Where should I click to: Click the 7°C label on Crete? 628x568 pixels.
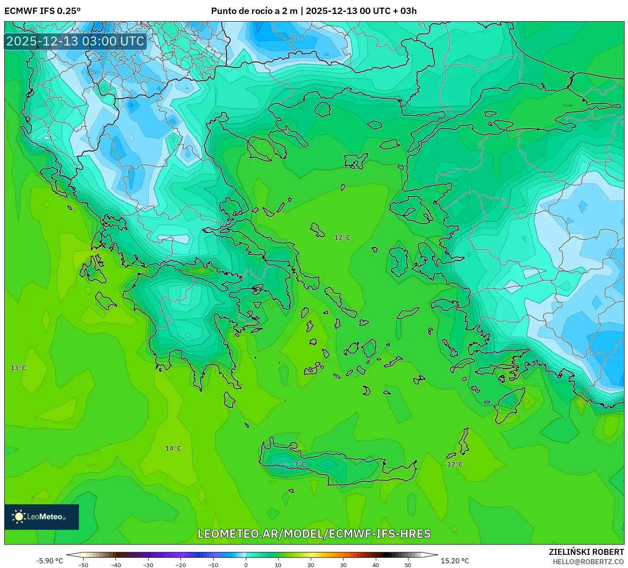pos(300,464)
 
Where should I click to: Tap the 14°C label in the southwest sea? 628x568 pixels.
pos(173,448)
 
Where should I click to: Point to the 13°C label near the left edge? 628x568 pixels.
pos(18,368)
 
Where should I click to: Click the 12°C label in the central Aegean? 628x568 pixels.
pos(342,237)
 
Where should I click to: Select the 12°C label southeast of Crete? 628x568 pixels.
pos(455,464)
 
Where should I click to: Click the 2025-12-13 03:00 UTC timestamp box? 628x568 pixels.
pos(75,41)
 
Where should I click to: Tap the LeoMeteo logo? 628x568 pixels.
pos(42,517)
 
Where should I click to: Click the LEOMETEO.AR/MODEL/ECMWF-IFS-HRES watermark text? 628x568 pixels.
pos(314,534)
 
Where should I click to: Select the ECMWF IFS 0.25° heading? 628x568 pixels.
pos(42,11)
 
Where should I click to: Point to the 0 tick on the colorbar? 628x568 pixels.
pos(246,565)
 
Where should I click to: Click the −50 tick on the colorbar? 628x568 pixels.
pos(83,565)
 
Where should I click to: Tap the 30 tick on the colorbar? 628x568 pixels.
pos(343,565)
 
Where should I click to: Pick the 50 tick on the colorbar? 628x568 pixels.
pos(408,565)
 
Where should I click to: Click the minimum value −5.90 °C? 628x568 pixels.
pos(49,561)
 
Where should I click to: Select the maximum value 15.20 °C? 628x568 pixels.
pos(455,561)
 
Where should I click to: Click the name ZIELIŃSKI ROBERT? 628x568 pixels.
pos(586,552)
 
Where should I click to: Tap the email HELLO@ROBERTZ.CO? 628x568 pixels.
pos(588,562)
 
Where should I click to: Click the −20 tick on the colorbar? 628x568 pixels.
pos(180,565)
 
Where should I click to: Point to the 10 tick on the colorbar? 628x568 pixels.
pos(278,565)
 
